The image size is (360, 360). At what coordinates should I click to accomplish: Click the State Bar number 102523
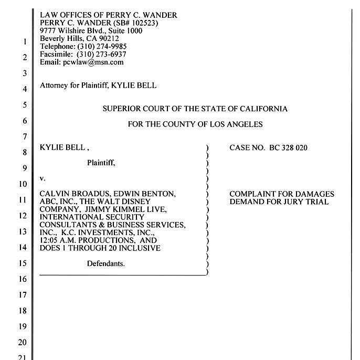point(142,23)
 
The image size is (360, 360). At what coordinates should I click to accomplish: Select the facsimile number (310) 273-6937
point(102,54)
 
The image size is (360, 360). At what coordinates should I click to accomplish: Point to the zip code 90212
point(108,38)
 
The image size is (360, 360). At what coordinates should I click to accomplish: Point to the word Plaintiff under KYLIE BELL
point(101,163)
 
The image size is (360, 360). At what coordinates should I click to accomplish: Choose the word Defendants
point(106,263)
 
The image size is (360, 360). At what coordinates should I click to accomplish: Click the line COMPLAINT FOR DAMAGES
point(282,194)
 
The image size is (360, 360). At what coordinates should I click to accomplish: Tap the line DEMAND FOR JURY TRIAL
point(279,202)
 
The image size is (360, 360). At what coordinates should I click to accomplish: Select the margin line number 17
point(22,295)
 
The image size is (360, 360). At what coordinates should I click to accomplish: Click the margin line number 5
point(24,105)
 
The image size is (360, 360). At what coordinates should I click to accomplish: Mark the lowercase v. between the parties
point(43,178)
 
